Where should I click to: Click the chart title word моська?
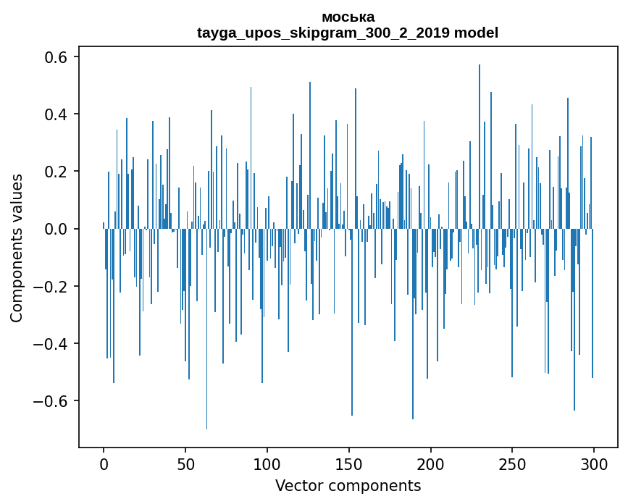(x=348, y=17)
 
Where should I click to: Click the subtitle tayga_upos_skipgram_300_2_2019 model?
(x=348, y=33)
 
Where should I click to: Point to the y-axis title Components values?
(x=17, y=248)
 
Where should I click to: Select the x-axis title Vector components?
(x=348, y=485)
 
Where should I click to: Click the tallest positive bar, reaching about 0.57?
(x=479, y=145)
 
